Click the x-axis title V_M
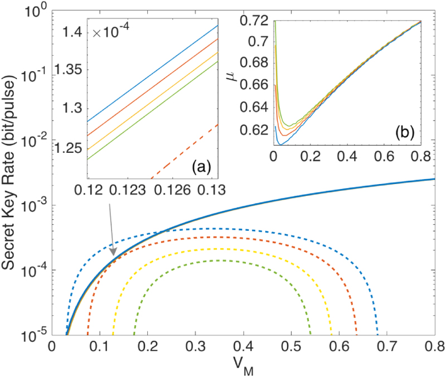point(243,366)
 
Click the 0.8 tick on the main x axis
point(434,346)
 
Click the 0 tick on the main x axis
point(51,346)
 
